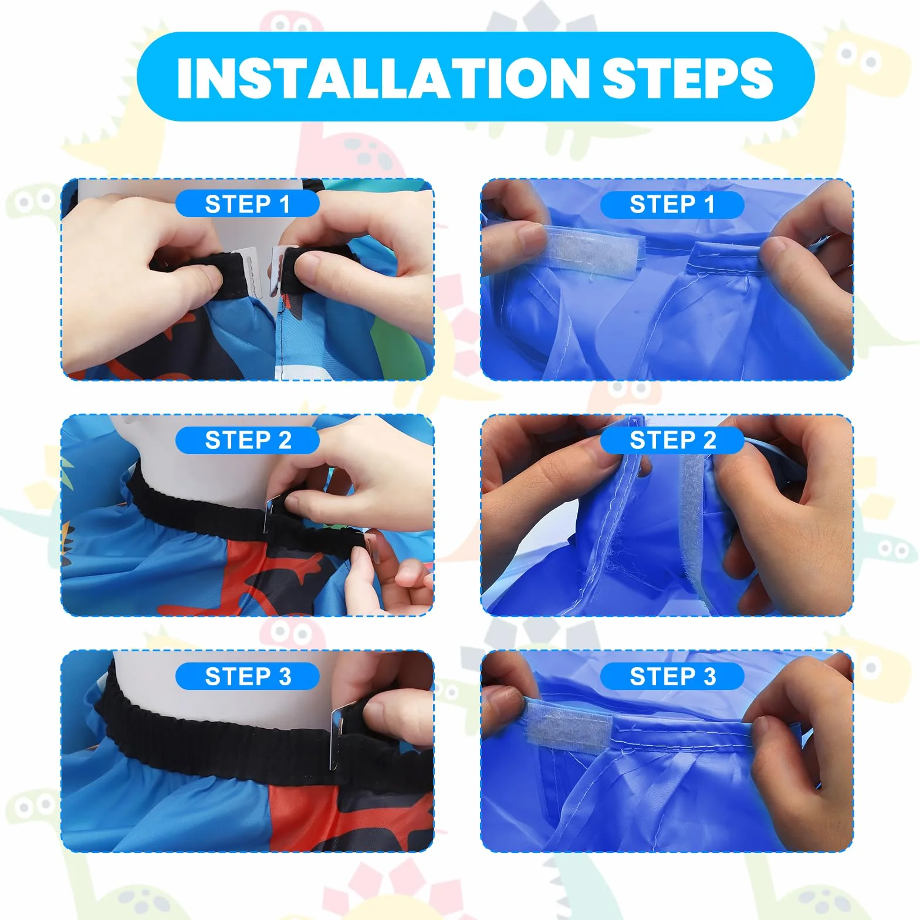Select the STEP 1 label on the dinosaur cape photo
click(x=247, y=204)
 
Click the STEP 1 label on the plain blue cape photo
click(x=672, y=204)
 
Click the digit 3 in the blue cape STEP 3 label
click(x=710, y=677)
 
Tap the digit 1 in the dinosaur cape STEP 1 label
click(x=285, y=204)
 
